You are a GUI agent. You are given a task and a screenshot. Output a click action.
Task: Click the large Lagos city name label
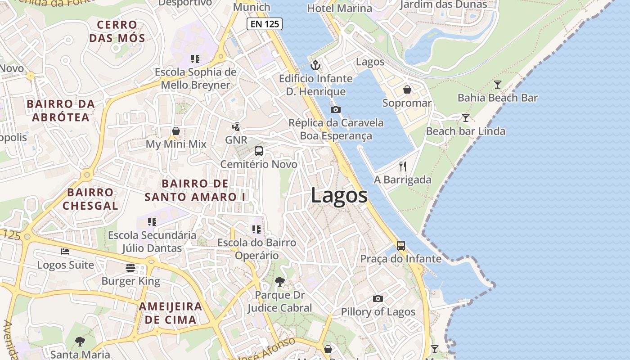pyautogui.click(x=339, y=196)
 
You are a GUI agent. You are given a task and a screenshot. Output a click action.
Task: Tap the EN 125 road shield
pyautogui.click(x=264, y=24)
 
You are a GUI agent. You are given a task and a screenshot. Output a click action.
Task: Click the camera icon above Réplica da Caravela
pyautogui.click(x=335, y=109)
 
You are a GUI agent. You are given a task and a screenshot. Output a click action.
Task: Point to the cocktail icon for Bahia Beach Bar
pyautogui.click(x=497, y=84)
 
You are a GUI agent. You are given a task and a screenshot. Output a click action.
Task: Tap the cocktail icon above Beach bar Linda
pyautogui.click(x=466, y=118)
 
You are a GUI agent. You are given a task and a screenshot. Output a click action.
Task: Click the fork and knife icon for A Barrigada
pyautogui.click(x=403, y=166)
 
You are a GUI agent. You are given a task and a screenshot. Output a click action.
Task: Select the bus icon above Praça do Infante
pyautogui.click(x=400, y=246)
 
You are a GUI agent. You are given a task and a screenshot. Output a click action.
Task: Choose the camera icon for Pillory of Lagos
pyautogui.click(x=378, y=298)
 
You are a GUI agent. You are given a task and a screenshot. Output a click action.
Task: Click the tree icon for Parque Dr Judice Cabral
pyautogui.click(x=279, y=282)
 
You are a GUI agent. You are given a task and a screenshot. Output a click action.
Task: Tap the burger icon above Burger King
pyautogui.click(x=130, y=268)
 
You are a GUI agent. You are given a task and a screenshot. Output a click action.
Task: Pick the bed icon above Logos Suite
pyautogui.click(x=66, y=251)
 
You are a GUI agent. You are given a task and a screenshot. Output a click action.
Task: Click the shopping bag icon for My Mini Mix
pyautogui.click(x=176, y=131)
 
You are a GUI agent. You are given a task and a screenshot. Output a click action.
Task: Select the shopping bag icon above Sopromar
pyautogui.click(x=407, y=90)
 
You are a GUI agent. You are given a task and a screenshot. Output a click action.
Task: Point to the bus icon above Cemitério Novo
pyautogui.click(x=259, y=151)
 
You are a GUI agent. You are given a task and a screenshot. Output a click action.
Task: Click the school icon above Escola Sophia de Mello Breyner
pyautogui.click(x=195, y=58)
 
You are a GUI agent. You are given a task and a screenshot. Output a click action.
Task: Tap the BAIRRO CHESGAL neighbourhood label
pyautogui.click(x=90, y=199)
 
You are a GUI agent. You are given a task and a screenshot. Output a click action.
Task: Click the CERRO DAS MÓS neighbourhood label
pyautogui.click(x=117, y=31)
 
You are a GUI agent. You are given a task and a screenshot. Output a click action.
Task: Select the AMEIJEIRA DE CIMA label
pyautogui.click(x=170, y=313)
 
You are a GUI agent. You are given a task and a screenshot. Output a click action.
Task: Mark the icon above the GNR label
pyautogui.click(x=236, y=127)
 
